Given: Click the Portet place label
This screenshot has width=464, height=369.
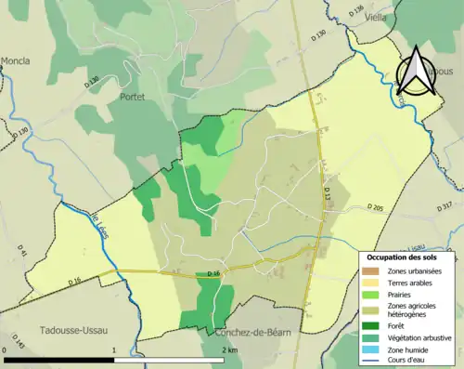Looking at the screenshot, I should coord(133,96).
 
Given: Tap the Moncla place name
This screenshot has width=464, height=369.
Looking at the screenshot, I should coord(15,60).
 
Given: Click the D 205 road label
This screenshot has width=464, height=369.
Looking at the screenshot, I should coord(375,206).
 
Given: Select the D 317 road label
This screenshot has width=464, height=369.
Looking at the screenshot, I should coord(445,205).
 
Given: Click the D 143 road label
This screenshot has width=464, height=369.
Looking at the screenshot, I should coord(19,339).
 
